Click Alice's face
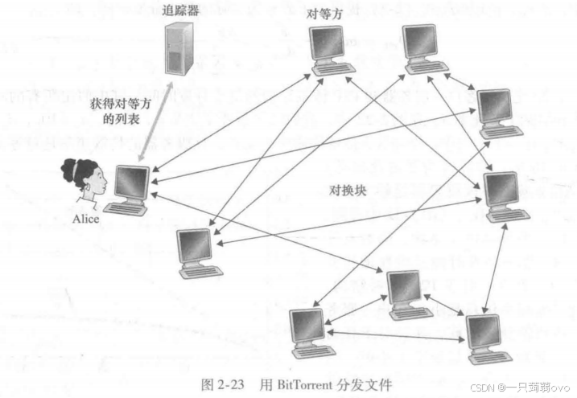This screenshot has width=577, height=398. click(x=95, y=183)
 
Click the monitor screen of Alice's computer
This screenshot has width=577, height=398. click(x=130, y=183)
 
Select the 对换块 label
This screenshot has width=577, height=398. click(x=348, y=191)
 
